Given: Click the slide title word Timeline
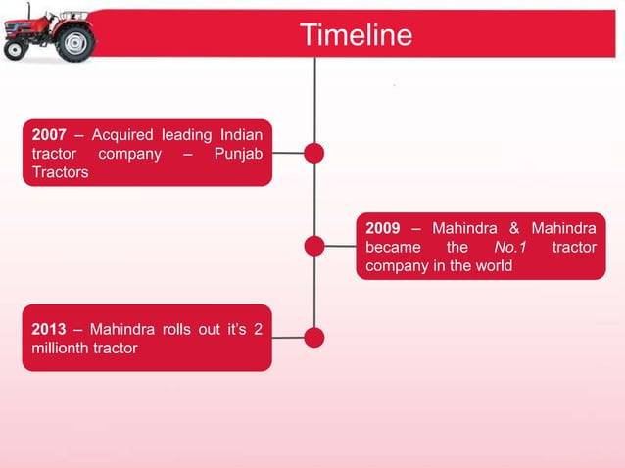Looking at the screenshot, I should tap(356, 36).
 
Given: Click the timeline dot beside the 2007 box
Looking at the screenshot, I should tap(314, 153).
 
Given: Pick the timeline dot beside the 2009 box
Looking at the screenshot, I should tap(314, 247).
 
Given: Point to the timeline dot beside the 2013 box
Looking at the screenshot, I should tap(314, 338).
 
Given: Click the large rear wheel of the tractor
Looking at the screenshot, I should tap(74, 42).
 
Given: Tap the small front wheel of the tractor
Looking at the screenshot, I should tap(16, 50).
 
